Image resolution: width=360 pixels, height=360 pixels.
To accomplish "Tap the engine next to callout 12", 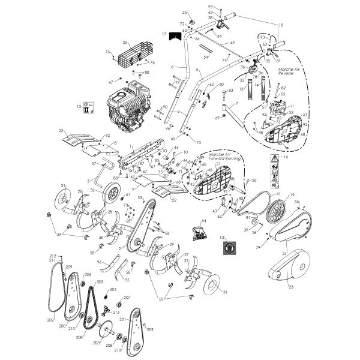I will (128, 108).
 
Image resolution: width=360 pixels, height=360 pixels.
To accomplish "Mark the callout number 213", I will (115, 312).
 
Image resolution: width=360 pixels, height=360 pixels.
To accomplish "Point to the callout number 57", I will (94, 163).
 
